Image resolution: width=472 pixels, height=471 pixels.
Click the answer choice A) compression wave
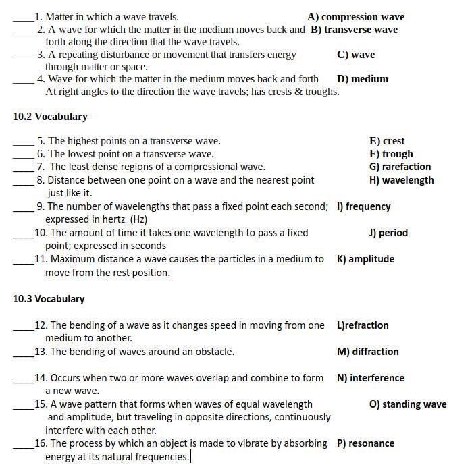pyautogui.click(x=355, y=17)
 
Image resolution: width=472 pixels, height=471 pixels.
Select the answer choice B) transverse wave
pyautogui.click(x=354, y=30)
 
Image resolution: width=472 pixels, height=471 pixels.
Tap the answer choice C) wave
pyautogui.click(x=355, y=55)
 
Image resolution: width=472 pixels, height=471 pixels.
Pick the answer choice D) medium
pyautogui.click(x=362, y=79)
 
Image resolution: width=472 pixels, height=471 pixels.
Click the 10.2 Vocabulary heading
pyautogui.click(x=50, y=117)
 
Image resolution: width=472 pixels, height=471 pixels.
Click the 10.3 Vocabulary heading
pyautogui.click(x=49, y=299)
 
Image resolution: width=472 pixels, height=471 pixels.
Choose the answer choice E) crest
pyautogui.click(x=386, y=141)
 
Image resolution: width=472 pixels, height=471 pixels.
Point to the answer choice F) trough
pyautogui.click(x=391, y=154)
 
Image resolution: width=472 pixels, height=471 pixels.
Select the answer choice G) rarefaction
pyautogui.click(x=400, y=167)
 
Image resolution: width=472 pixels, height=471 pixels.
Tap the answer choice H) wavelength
pyautogui.click(x=401, y=180)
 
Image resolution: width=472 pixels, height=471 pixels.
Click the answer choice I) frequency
pyautogui.click(x=363, y=206)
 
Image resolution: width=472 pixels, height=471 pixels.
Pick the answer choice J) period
pyautogui.click(x=388, y=233)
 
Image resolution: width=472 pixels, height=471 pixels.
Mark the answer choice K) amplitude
pyautogui.click(x=365, y=259)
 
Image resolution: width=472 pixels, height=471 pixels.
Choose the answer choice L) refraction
pyautogui.click(x=363, y=325)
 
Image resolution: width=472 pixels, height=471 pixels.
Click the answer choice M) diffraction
pyautogui.click(x=367, y=352)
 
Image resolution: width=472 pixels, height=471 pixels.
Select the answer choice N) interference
pyautogui.click(x=370, y=378)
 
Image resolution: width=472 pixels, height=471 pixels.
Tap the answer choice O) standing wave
pyautogui.click(x=407, y=404)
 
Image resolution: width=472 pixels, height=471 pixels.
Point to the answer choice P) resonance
pyautogui.click(x=365, y=443)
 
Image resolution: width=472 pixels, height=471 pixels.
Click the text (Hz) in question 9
pyautogui.click(x=138, y=219)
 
